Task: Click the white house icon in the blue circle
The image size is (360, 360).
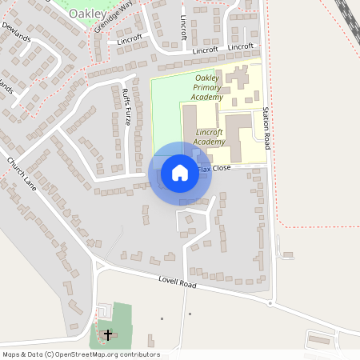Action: pyautogui.click(x=180, y=173)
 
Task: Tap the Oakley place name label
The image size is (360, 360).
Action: pyautogui.click(x=86, y=14)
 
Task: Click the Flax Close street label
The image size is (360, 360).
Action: pyautogui.click(x=214, y=168)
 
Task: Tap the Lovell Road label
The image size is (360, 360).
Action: pyautogui.click(x=177, y=280)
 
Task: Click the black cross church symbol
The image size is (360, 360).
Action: pyautogui.click(x=108, y=334)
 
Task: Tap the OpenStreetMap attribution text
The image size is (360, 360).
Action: pyautogui.click(x=81, y=354)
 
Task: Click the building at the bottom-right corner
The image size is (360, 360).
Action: pyautogui.click(x=320, y=340)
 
